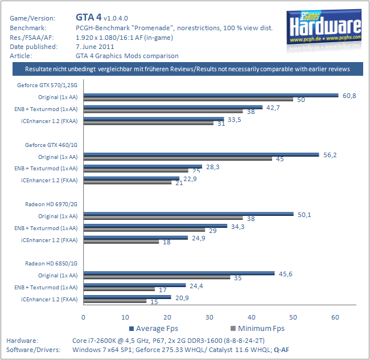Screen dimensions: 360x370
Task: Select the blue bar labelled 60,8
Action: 211,96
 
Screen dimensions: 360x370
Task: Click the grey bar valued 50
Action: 188,100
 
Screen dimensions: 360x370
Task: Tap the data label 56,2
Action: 331,155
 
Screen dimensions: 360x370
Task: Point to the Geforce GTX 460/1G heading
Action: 51,145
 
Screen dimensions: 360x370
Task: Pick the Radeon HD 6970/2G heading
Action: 51,204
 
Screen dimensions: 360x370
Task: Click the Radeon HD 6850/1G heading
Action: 51,263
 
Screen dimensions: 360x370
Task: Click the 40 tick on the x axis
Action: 251,317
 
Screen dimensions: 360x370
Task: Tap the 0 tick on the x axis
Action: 84,317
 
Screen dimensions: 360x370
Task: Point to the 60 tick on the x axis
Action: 335,317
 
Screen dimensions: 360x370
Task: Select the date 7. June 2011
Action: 98,46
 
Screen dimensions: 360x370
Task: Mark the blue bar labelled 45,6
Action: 179,273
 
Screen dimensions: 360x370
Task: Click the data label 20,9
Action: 182,297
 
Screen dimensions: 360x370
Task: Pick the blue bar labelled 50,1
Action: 188,214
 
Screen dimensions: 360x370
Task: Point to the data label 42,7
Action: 273,108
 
